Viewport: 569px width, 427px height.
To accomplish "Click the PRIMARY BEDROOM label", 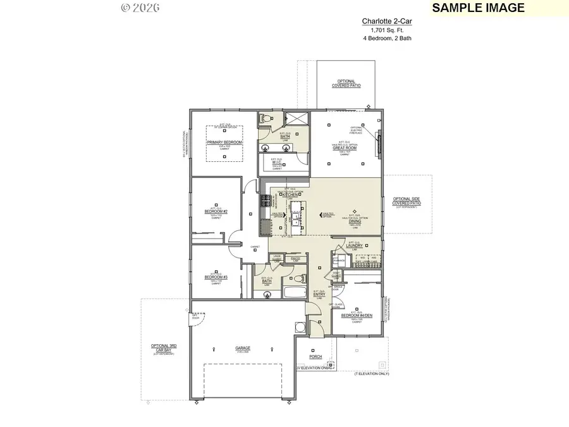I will [224, 142].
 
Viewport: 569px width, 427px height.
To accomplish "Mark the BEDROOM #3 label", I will [216, 277].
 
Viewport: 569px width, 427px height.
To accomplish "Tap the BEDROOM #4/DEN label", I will [355, 314].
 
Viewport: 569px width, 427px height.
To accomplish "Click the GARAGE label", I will [243, 348].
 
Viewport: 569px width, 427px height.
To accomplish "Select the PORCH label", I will [315, 357].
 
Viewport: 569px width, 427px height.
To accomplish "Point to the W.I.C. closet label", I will [276, 162].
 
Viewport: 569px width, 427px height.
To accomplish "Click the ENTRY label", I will [319, 294].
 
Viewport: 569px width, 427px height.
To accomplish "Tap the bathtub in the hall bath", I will [292, 292].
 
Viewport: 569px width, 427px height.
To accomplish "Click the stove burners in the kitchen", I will [266, 202].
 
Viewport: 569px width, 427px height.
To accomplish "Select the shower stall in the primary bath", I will [295, 119].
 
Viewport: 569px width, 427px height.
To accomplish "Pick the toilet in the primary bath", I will [266, 118].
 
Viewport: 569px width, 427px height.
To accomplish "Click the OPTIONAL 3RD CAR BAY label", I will [162, 348].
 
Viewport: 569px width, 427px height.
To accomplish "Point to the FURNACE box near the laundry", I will [340, 259].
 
